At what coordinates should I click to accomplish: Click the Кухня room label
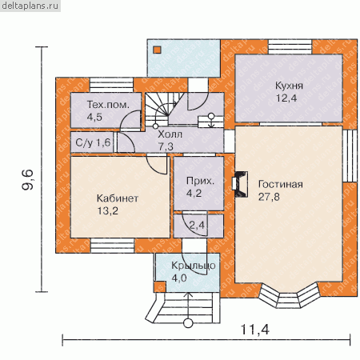point(289,86)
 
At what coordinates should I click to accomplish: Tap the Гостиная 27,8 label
point(281,190)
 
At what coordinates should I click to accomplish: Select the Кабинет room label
point(118,198)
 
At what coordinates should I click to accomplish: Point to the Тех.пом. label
point(108,105)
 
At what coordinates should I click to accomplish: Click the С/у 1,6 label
point(93,142)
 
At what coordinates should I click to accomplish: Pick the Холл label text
point(170,134)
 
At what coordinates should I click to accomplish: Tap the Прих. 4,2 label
point(200,187)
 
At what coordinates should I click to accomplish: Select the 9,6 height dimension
point(28,179)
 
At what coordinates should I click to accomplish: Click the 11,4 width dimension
point(255,330)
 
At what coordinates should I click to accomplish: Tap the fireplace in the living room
point(240,184)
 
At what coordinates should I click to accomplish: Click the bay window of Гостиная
point(290,295)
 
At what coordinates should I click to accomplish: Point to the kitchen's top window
point(290,47)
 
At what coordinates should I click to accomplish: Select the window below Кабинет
point(112,246)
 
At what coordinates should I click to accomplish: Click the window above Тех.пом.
point(111,85)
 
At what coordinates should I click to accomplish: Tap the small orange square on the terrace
point(157,50)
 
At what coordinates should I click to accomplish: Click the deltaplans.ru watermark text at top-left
point(30,6)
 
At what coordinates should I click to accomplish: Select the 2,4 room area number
point(197,226)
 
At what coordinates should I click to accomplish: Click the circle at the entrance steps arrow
point(188,323)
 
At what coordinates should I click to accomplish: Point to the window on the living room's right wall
point(350,156)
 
